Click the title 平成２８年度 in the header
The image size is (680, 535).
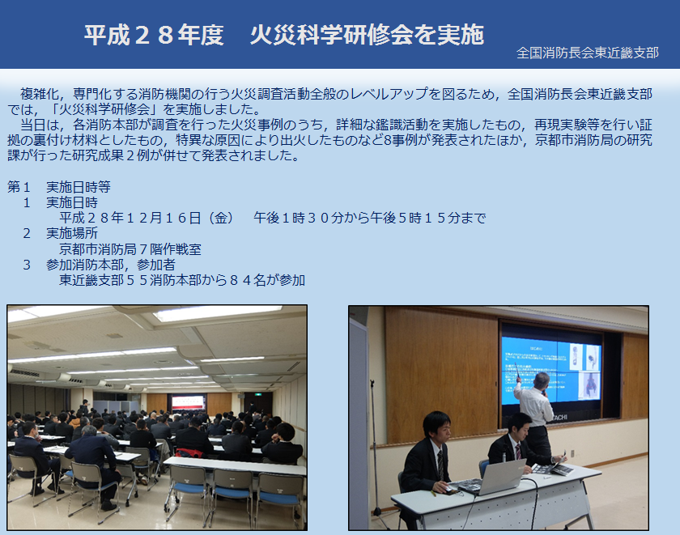(x=154, y=35)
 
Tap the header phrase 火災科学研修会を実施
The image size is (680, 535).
(x=367, y=35)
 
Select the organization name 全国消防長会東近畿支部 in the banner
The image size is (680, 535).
(x=587, y=53)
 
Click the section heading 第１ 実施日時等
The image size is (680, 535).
(x=59, y=187)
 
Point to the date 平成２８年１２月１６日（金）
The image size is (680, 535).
(x=147, y=218)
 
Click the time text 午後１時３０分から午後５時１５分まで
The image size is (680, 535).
(x=369, y=218)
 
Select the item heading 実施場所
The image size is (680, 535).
(x=72, y=233)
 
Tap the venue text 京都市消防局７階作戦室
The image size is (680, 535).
(x=130, y=249)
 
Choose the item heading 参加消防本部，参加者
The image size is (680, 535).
(x=111, y=265)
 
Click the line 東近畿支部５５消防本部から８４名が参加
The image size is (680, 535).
(x=182, y=281)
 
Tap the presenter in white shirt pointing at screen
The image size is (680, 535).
(x=534, y=416)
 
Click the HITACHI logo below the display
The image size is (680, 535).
(x=558, y=418)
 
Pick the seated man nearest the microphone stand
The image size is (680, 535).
(x=429, y=455)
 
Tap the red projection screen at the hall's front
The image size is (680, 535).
(x=188, y=403)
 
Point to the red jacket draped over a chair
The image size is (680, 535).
(x=189, y=453)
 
